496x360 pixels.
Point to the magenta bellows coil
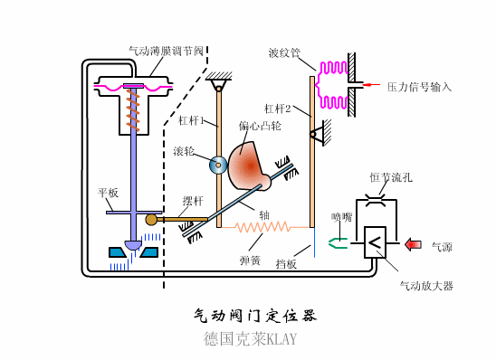(332, 82)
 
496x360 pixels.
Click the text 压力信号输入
(419, 87)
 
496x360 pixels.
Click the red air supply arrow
(413, 243)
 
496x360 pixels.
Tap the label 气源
(441, 246)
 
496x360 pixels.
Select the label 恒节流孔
(391, 178)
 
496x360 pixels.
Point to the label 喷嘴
(341, 216)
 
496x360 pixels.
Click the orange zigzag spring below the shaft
(262, 226)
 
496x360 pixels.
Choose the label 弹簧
(250, 260)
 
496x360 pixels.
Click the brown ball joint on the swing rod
(151, 219)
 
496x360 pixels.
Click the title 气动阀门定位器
(255, 316)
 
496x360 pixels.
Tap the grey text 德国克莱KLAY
(250, 340)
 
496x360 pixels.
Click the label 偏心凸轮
(255, 126)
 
